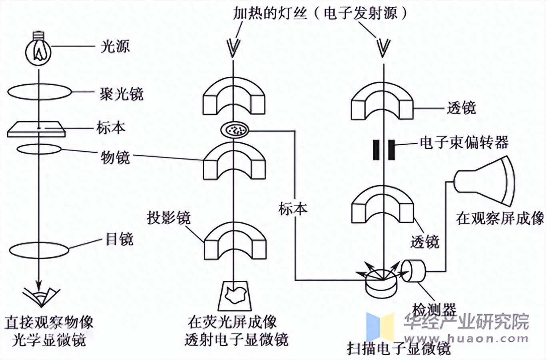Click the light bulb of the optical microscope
point(39,50)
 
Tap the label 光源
point(115,47)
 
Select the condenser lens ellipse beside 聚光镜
point(39,92)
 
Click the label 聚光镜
point(121,94)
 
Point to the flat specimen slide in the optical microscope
point(36,129)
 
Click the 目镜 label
point(119,239)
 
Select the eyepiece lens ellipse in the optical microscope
point(39,250)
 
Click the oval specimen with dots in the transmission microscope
point(235,129)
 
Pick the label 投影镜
point(168,218)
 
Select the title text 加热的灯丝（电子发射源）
point(320,14)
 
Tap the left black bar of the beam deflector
point(376,150)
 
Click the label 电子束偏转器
point(464,142)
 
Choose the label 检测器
point(434,310)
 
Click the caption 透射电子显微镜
point(236,340)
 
